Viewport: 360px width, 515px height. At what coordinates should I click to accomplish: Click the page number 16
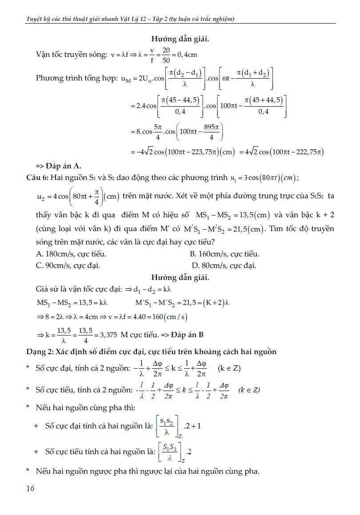pyautogui.click(x=31, y=488)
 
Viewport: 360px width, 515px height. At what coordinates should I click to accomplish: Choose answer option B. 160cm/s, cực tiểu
pyautogui.click(x=224, y=254)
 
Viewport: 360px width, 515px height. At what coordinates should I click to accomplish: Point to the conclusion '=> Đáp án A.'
pyautogui.click(x=58, y=166)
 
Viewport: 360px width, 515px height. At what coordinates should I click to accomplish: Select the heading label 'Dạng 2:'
pyautogui.click(x=39, y=352)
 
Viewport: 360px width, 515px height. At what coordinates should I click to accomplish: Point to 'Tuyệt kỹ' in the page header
pyautogui.click(x=36, y=19)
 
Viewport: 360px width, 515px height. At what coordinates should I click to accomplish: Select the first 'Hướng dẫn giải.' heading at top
pyautogui.click(x=180, y=39)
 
